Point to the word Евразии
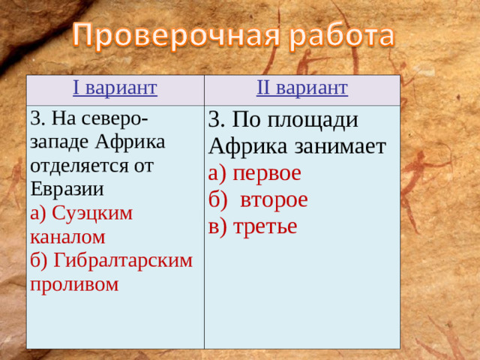click(67, 187)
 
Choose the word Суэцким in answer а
click(91, 213)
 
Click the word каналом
click(67, 237)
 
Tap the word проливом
click(75, 284)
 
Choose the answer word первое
click(266, 173)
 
